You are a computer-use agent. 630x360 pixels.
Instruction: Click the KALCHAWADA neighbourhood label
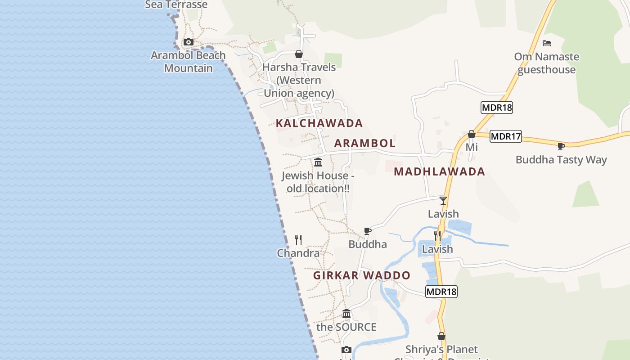click(x=319, y=123)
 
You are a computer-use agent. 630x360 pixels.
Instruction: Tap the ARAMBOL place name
click(x=364, y=143)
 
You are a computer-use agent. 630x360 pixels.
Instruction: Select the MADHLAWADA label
click(x=439, y=171)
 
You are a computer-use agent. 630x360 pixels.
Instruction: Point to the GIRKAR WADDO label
click(x=362, y=275)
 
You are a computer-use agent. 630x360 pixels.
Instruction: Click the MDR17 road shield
click(x=505, y=136)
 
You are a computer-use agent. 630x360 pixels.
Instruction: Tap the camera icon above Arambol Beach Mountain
click(x=189, y=42)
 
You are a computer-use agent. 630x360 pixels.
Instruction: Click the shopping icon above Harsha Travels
click(x=299, y=54)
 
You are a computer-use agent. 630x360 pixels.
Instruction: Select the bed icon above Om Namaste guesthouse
click(x=547, y=43)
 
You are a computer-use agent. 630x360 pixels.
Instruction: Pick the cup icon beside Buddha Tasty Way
click(x=561, y=146)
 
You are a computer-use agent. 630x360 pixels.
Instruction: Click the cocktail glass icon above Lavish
click(x=443, y=200)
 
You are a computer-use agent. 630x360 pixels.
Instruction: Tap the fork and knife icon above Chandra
click(x=298, y=239)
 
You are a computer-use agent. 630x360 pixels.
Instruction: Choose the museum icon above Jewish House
click(x=318, y=162)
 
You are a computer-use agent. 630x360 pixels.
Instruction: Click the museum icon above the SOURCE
click(x=346, y=313)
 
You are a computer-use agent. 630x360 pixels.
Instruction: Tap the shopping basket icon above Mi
click(x=471, y=134)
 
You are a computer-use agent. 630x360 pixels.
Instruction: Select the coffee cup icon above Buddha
click(x=368, y=231)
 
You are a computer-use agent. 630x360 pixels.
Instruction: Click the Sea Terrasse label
click(x=176, y=4)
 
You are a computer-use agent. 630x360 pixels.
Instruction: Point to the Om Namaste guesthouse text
click(x=546, y=63)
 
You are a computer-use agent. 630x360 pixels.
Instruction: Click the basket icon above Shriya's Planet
click(x=441, y=336)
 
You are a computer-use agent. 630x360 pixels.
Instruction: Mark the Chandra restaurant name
click(x=298, y=253)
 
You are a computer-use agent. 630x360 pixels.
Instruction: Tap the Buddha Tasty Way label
click(x=561, y=160)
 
